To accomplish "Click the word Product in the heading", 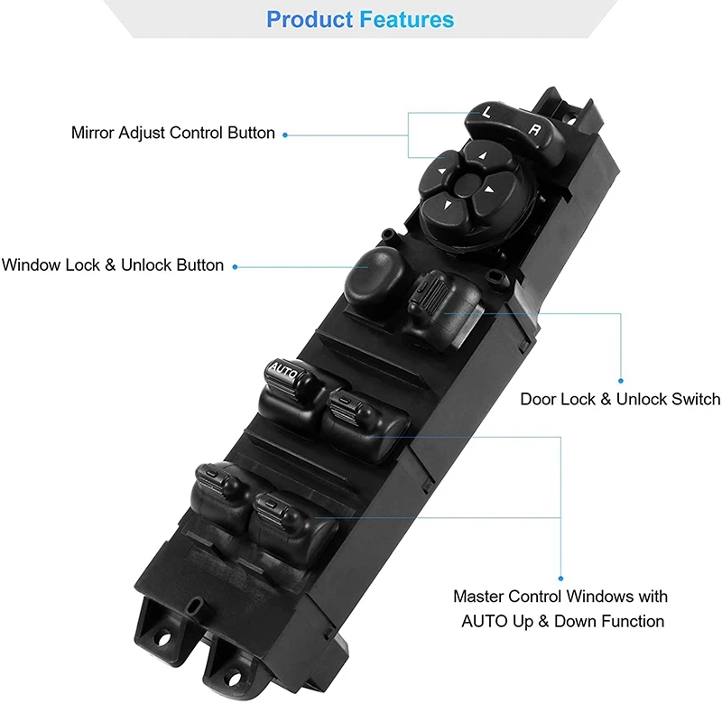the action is [x=310, y=19].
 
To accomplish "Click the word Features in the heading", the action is [x=407, y=19].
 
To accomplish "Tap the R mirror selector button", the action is [x=535, y=132].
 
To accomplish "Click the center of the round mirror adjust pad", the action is [x=467, y=186].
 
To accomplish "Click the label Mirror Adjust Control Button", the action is [x=173, y=133].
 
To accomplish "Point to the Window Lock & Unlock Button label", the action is [x=113, y=265].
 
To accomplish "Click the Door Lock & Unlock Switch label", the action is [x=620, y=399].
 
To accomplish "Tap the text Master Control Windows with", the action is [x=560, y=597].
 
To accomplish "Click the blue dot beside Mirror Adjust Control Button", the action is [x=285, y=134].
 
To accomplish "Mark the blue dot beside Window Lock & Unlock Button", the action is [x=235, y=266].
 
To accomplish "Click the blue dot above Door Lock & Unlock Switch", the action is [x=621, y=380].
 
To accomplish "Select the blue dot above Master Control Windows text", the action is [x=560, y=579].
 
